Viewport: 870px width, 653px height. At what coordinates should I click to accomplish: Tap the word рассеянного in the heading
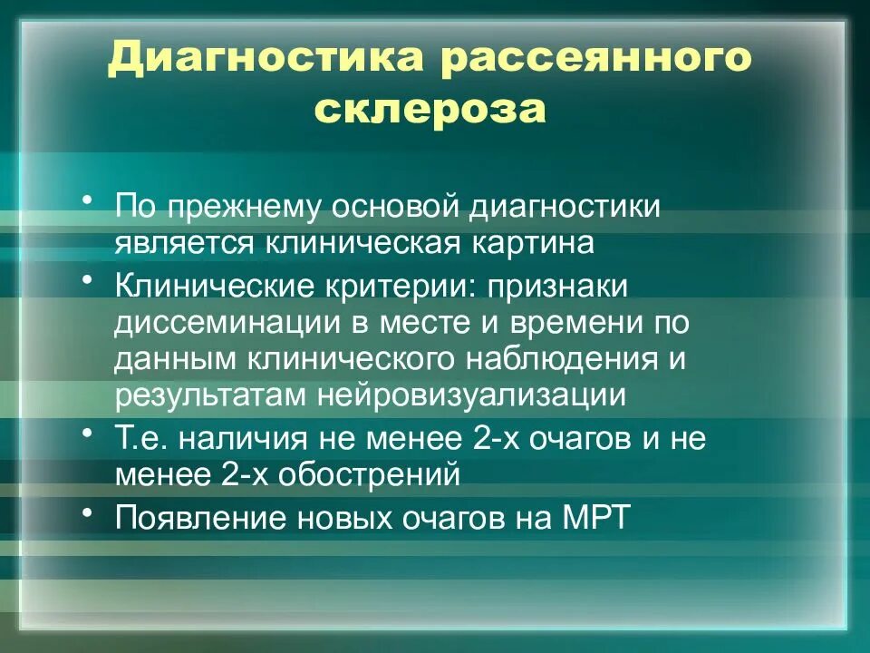[597, 60]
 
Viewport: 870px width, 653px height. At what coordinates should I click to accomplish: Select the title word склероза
[432, 110]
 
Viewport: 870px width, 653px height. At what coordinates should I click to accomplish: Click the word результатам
[211, 395]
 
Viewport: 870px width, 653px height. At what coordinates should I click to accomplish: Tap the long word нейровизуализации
[470, 395]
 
